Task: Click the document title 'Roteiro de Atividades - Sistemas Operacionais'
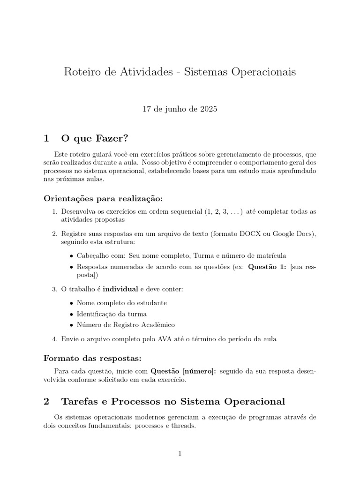click(x=180, y=73)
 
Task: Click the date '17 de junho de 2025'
click(x=180, y=109)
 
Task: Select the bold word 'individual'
click(x=120, y=289)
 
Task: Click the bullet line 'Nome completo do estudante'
click(x=121, y=303)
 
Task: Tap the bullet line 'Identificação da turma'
click(x=112, y=314)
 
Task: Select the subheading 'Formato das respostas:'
click(x=92, y=359)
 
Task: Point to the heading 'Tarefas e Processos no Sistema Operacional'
click(x=173, y=402)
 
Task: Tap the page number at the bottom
click(x=180, y=453)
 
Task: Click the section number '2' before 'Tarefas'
click(x=46, y=402)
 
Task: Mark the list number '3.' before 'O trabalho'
click(x=54, y=289)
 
